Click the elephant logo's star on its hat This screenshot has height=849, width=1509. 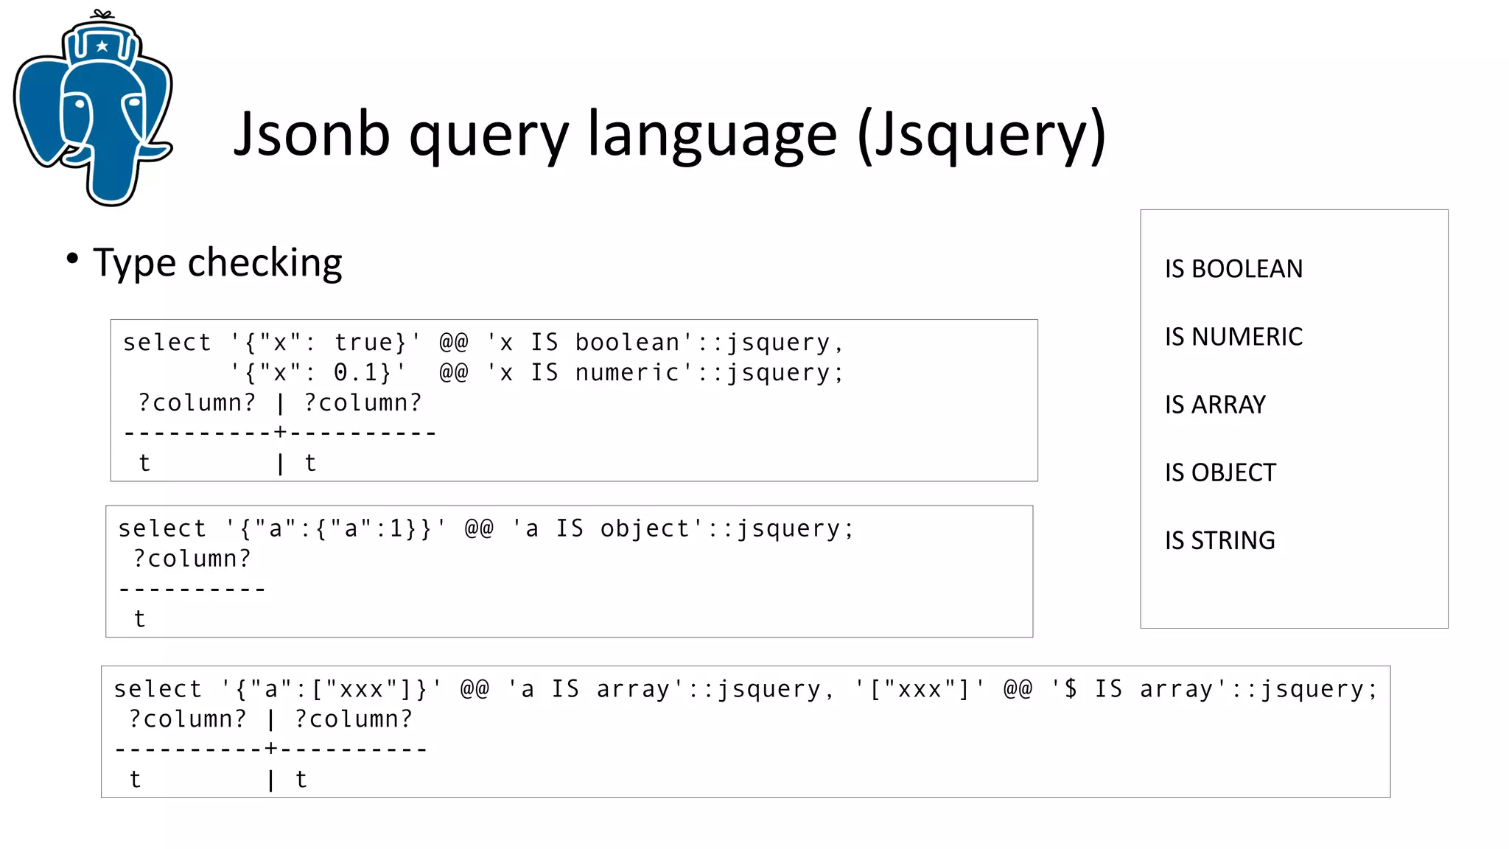pyautogui.click(x=102, y=46)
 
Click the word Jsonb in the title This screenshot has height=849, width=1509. pyautogui.click(x=312, y=134)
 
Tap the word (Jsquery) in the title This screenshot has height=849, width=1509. pyautogui.click(x=981, y=136)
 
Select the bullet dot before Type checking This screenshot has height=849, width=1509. pyautogui.click(x=72, y=259)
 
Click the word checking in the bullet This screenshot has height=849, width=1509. pyautogui.click(x=265, y=262)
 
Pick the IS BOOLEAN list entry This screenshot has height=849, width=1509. pyautogui.click(x=1233, y=269)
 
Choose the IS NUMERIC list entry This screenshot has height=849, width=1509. pyautogui.click(x=1233, y=337)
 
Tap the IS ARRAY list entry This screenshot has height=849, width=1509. pyautogui.click(x=1215, y=405)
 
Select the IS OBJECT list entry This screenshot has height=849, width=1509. pyautogui.click(x=1220, y=472)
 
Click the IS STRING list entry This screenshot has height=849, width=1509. pyautogui.click(x=1219, y=540)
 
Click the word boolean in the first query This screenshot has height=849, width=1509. pyautogui.click(x=627, y=343)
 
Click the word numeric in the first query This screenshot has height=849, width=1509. pyautogui.click(x=627, y=373)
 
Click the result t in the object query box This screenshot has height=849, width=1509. pyautogui.click(x=139, y=619)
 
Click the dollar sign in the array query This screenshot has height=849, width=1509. pyautogui.click(x=1070, y=689)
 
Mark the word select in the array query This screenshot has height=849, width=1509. pyautogui.click(x=158, y=689)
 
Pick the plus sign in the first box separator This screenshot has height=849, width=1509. pyautogui.click(x=280, y=433)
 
